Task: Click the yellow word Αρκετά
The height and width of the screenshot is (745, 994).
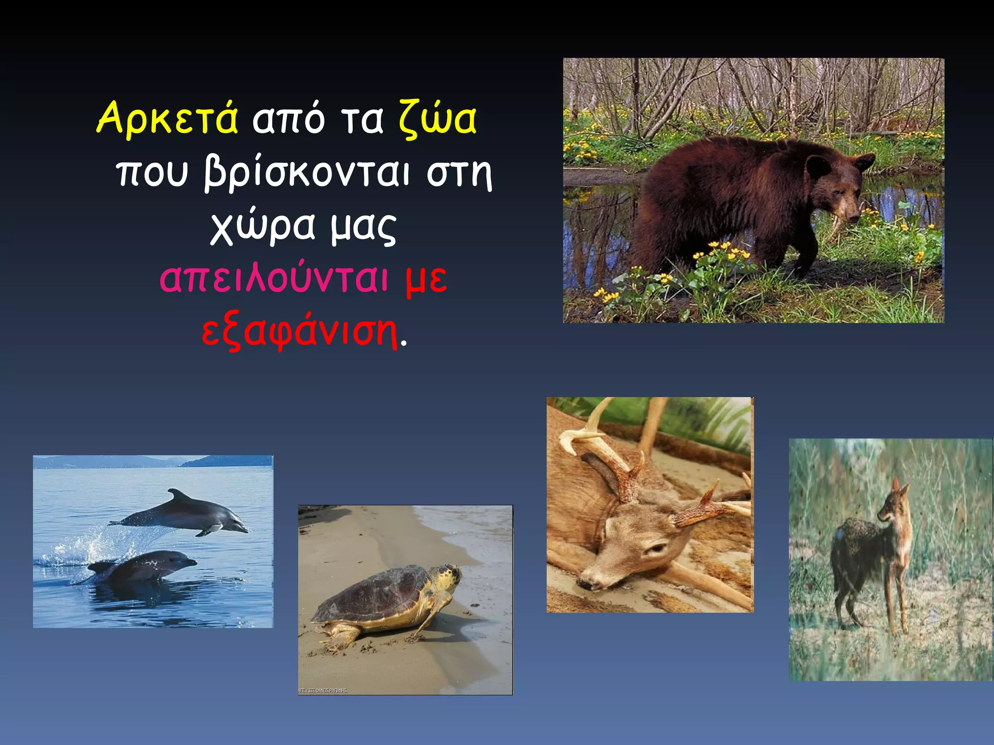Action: click(x=167, y=118)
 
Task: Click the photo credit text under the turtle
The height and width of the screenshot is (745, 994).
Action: click(x=322, y=690)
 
